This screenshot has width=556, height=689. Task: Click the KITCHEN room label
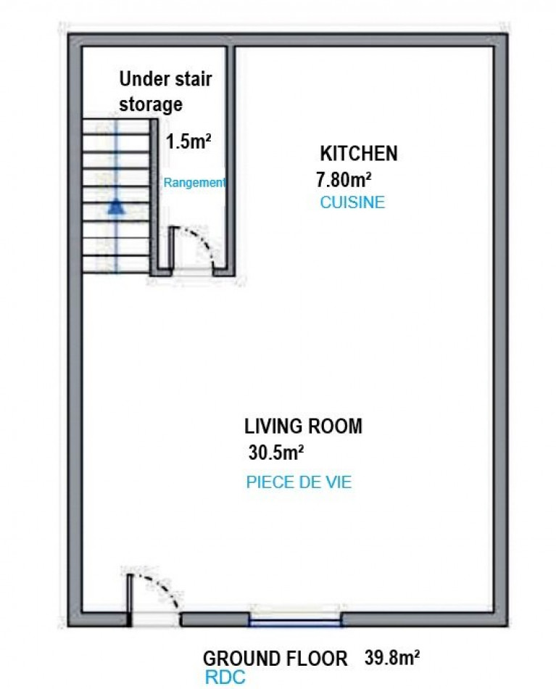(x=358, y=153)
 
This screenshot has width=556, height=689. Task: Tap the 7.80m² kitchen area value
(x=344, y=179)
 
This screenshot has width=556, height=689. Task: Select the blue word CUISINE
(x=352, y=202)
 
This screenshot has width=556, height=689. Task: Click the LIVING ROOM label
(x=303, y=426)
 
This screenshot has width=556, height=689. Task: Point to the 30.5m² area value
(x=276, y=452)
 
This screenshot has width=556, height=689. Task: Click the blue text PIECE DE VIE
(x=299, y=482)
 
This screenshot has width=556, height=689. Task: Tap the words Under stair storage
(x=165, y=92)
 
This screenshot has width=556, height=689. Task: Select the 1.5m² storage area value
(x=188, y=141)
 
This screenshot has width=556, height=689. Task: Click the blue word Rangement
(x=194, y=182)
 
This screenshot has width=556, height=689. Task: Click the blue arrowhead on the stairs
(x=115, y=207)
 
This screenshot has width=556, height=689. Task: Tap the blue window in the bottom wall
(x=295, y=620)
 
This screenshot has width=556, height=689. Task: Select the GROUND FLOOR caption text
(x=275, y=659)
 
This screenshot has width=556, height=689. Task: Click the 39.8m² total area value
(x=391, y=658)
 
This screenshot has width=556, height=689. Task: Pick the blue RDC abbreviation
(x=225, y=677)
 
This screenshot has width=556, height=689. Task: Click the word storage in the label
(x=151, y=104)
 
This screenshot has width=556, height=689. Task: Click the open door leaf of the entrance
(x=130, y=599)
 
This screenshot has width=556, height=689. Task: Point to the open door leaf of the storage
(x=171, y=250)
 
